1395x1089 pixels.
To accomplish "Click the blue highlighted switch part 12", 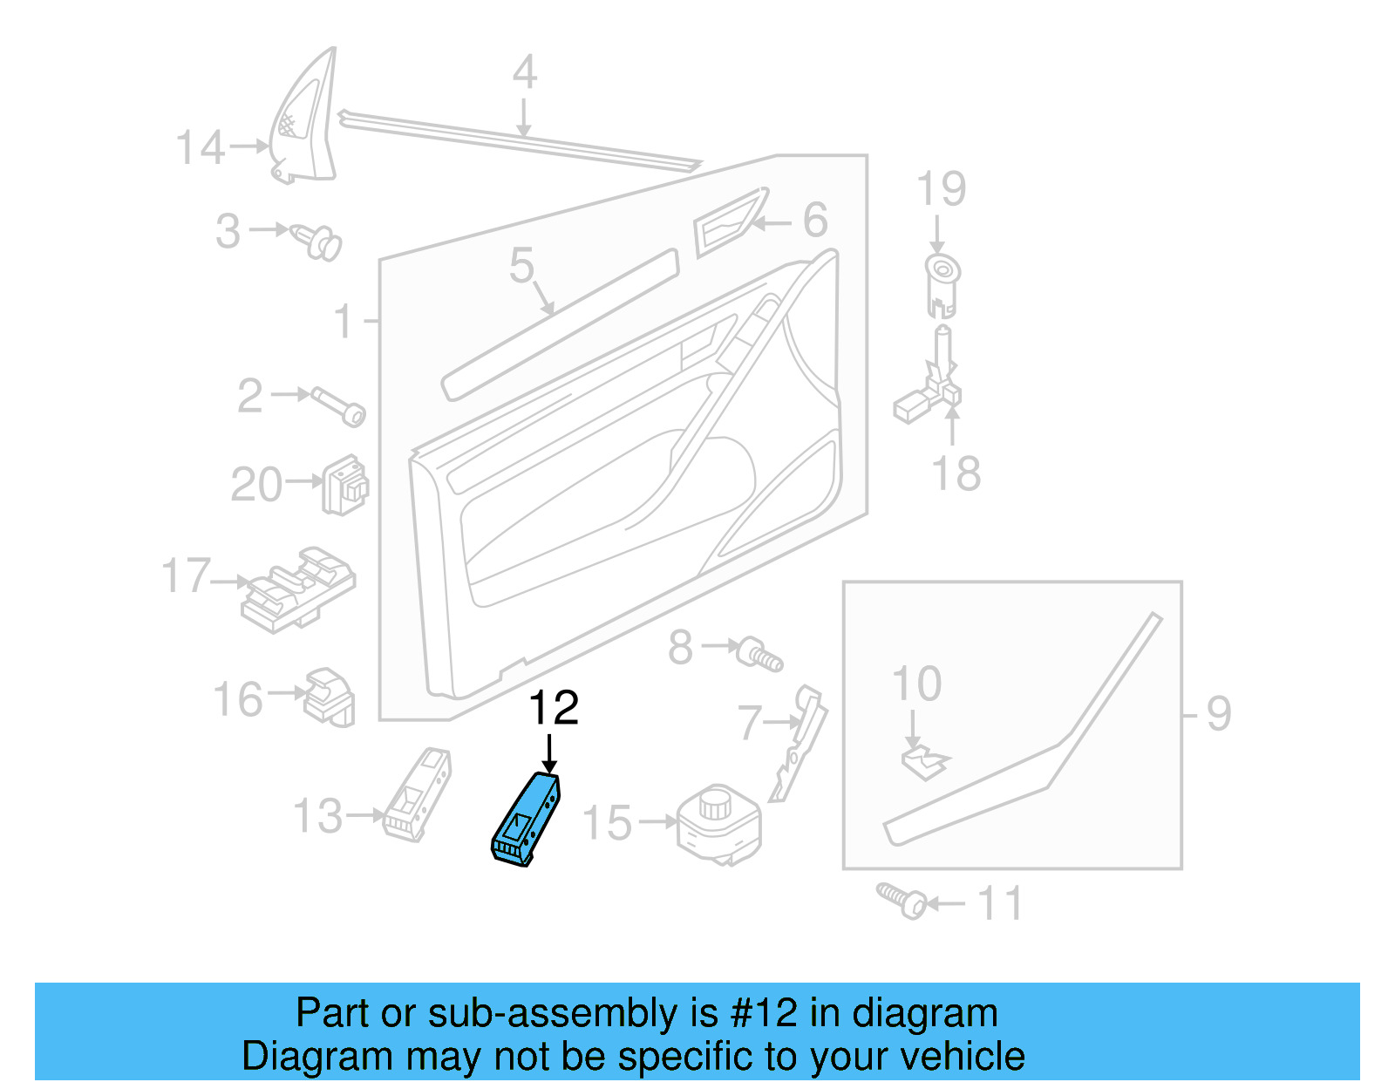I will click(x=526, y=820).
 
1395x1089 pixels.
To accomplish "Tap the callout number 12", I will click(x=553, y=708).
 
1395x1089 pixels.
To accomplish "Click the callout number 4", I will click(x=524, y=72).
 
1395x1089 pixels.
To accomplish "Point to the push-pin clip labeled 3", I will click(x=317, y=241).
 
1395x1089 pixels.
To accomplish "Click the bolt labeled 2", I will click(x=339, y=406).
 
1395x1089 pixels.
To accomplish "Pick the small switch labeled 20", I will click(x=345, y=485).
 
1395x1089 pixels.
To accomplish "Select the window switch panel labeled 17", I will click(x=299, y=589).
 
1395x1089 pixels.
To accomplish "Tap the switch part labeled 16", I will click(x=329, y=697).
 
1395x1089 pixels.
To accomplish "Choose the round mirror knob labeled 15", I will click(x=718, y=823).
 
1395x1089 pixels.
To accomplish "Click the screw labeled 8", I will click(x=760, y=654).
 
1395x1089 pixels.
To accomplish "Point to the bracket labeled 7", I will click(x=800, y=742).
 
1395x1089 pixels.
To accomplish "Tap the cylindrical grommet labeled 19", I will click(x=942, y=284).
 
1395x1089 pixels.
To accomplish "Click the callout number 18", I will click(x=956, y=474).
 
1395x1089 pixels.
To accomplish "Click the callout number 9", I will click(x=1219, y=714).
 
